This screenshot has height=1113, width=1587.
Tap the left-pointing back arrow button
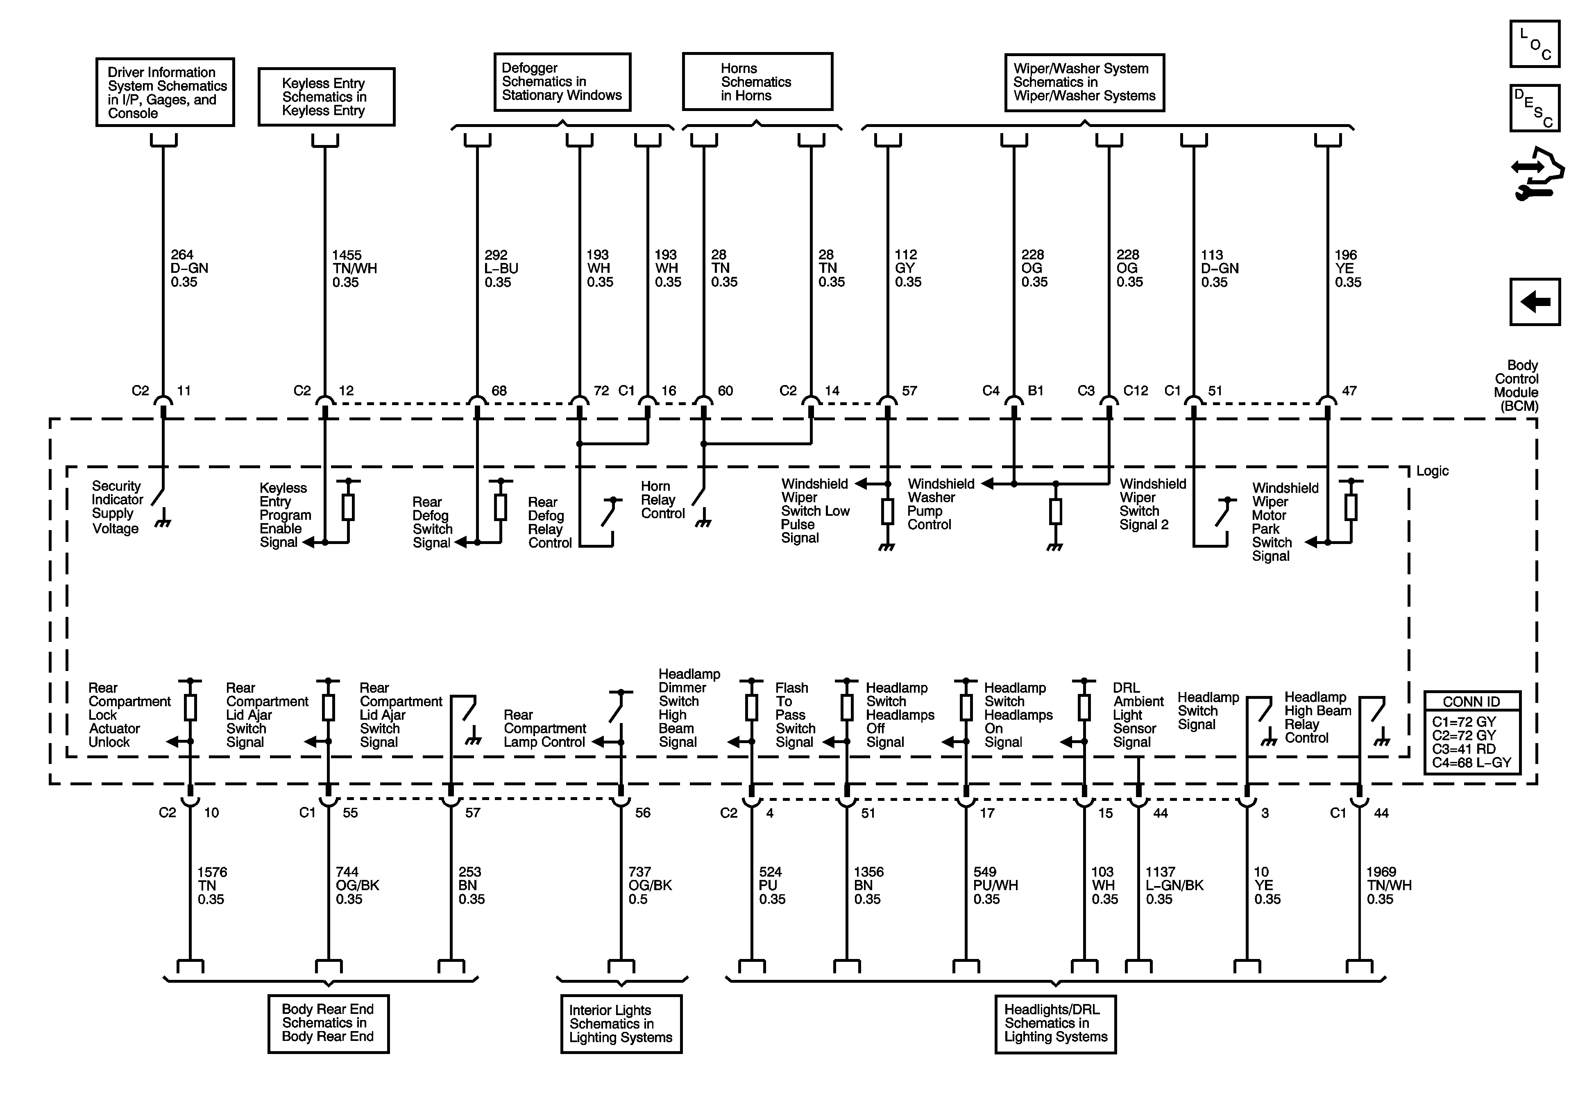[x=1535, y=301]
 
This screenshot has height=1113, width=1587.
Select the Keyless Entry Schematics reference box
[x=326, y=97]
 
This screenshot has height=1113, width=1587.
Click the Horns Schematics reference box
[x=757, y=82]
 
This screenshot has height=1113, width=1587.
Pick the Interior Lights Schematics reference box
[x=621, y=1024]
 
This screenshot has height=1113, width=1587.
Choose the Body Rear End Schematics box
[x=328, y=1023]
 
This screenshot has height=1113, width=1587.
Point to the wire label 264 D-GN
[x=189, y=268]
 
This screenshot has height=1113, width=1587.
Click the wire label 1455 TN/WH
[x=354, y=268]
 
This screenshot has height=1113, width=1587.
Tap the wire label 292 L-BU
[x=501, y=268]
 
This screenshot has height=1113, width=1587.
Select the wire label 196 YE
[x=1347, y=268]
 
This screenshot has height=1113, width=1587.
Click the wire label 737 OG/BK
[x=649, y=886]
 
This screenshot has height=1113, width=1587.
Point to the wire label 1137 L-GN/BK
[x=1174, y=886]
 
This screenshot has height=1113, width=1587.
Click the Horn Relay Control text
[x=662, y=500]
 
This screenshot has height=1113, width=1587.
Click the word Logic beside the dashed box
[x=1432, y=471]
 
